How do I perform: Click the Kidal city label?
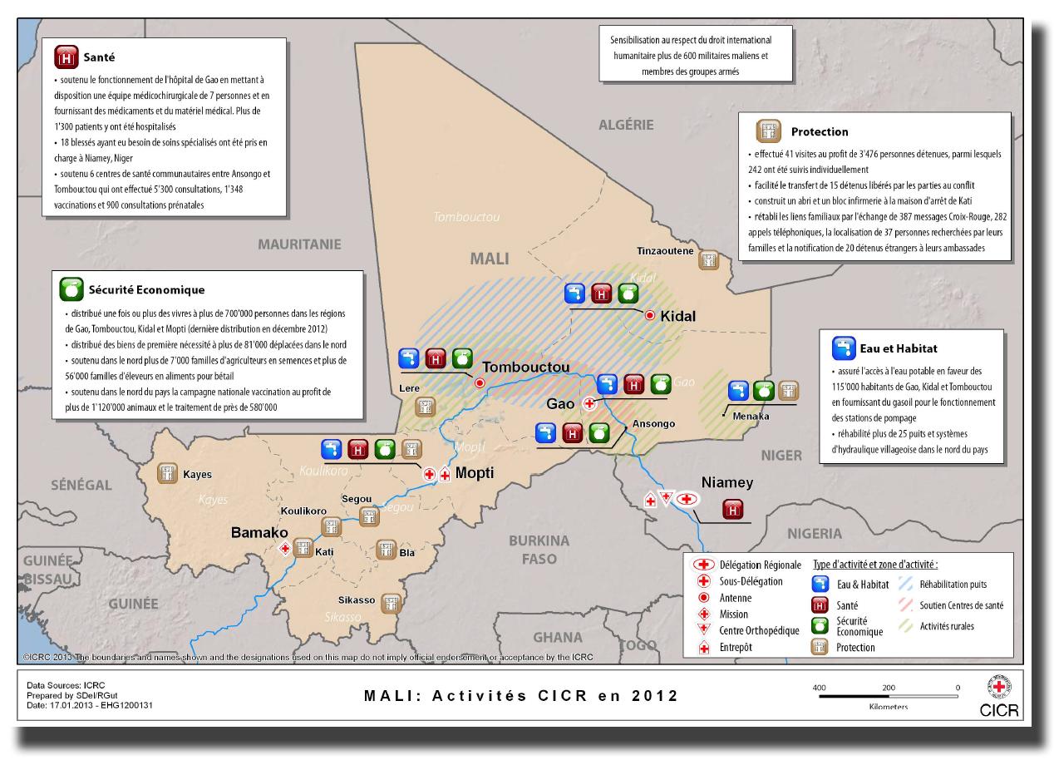coord(677,317)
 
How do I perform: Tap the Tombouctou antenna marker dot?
coord(480,382)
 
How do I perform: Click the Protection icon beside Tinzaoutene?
coord(709,259)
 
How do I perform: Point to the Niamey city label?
coord(727,482)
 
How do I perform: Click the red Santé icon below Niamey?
coord(732,509)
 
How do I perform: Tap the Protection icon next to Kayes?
coord(169,473)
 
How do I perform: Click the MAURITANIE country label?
coord(299,244)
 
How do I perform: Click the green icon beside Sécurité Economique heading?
coord(71,290)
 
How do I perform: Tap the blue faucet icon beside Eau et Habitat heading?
coord(845,348)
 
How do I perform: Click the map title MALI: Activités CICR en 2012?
coord(521,695)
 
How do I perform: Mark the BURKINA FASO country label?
coord(539,549)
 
